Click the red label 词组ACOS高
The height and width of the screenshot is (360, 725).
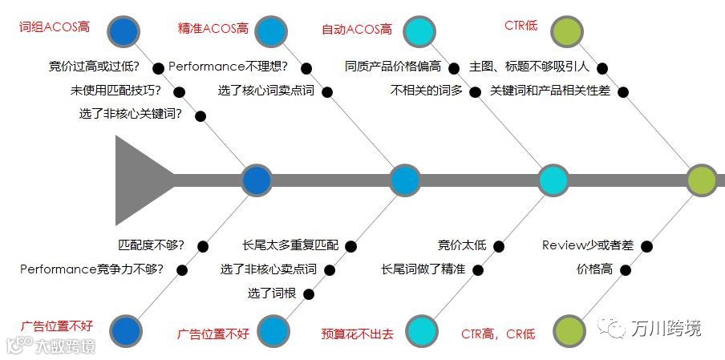click(55, 27)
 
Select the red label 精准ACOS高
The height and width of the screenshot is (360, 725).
click(213, 29)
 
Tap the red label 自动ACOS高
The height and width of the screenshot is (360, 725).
click(357, 30)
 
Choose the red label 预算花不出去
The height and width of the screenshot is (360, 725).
click(358, 333)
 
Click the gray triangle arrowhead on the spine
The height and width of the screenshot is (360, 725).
click(141, 180)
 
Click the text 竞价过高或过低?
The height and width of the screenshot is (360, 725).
click(94, 67)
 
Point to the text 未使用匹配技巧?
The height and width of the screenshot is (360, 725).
click(115, 91)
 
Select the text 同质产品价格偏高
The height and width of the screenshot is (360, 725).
click(392, 67)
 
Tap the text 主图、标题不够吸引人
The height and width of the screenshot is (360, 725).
click(529, 67)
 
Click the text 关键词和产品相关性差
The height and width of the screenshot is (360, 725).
click(550, 91)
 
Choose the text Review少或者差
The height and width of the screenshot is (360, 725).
click(588, 245)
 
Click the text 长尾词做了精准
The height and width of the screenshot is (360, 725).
click(423, 269)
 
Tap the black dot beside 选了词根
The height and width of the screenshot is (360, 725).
click(309, 293)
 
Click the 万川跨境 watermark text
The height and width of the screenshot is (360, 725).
click(665, 329)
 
